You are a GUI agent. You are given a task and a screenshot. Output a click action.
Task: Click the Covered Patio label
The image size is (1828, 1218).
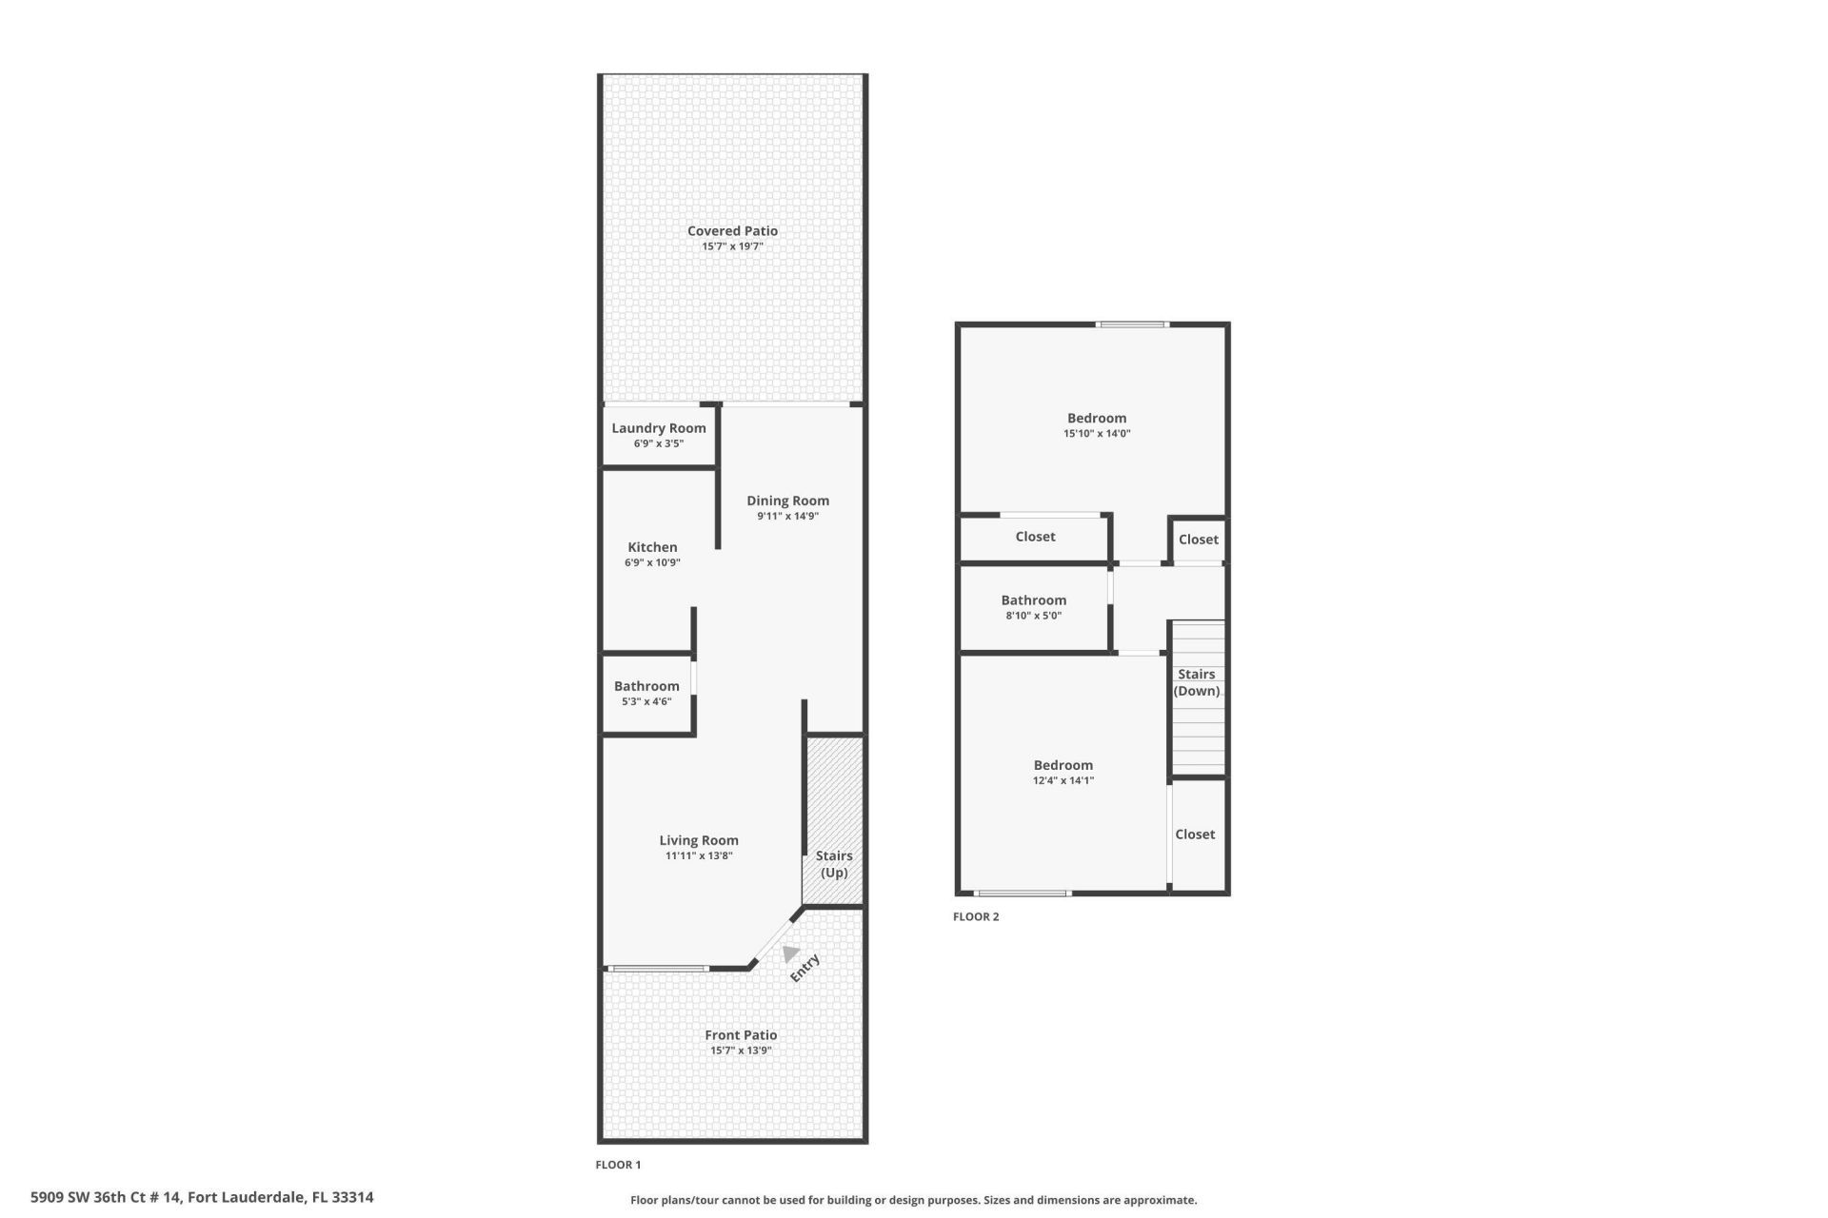tap(732, 230)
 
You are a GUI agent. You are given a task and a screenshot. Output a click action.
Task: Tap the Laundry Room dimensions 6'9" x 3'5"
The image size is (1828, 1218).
tap(659, 443)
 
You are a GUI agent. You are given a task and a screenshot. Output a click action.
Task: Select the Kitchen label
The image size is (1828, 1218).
tap(652, 547)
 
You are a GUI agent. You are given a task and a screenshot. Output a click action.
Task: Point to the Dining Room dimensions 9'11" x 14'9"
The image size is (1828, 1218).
tap(787, 516)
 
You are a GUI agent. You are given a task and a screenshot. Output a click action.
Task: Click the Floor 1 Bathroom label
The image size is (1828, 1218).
tap(646, 686)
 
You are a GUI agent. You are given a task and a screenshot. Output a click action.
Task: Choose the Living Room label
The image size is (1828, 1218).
tap(699, 840)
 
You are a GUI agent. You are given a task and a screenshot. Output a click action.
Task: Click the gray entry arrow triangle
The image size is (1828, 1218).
tap(789, 953)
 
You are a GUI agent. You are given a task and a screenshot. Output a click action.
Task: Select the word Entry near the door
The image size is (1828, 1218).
tap(805, 968)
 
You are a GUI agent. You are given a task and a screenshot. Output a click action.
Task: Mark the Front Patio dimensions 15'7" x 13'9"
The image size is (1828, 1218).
tap(740, 1051)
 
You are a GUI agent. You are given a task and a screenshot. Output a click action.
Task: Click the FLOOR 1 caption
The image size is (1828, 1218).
tap(618, 1165)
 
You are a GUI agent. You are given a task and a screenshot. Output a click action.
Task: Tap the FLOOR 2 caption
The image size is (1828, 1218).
tap(976, 917)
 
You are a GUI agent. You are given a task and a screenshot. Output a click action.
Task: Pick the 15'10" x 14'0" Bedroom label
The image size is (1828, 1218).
tap(1097, 418)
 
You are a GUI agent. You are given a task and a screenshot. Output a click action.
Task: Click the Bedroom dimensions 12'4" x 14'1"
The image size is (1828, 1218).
tap(1063, 780)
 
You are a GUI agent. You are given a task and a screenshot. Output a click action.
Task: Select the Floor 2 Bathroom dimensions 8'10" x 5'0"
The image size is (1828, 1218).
tap(1033, 616)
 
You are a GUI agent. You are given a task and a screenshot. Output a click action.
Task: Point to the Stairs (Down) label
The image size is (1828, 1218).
tap(1197, 682)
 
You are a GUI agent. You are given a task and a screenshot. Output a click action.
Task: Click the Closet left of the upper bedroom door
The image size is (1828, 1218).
tap(1035, 537)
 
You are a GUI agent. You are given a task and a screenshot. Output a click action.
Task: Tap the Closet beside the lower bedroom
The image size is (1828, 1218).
tap(1195, 835)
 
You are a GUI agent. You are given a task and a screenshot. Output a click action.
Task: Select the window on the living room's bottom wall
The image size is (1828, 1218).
tap(658, 969)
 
